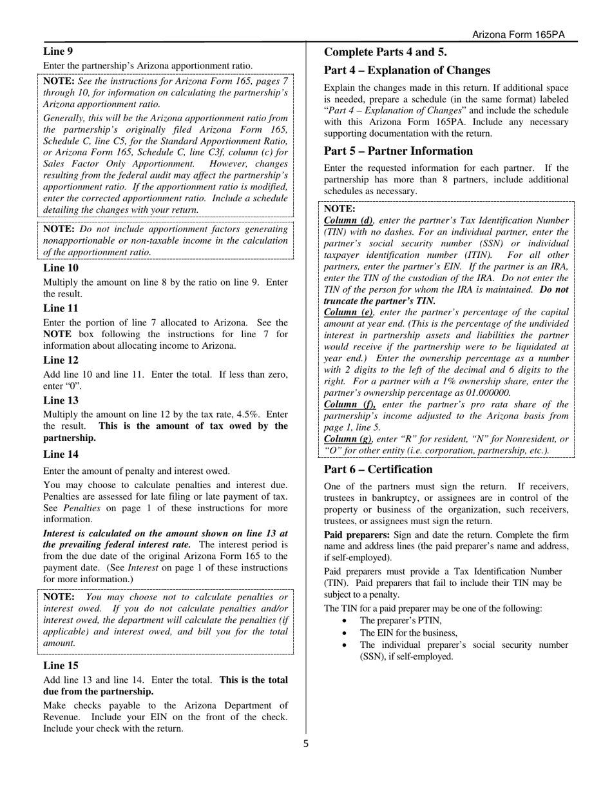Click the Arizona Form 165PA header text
518,35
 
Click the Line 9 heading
58,50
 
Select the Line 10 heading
61,268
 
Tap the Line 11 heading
61,308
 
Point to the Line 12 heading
61,360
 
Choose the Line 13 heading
61,400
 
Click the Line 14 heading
61,454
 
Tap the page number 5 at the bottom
306,743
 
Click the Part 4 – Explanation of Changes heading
406,70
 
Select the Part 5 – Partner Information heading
398,151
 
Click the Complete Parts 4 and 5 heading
385,52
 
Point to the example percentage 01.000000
485,393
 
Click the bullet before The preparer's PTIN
347,621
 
